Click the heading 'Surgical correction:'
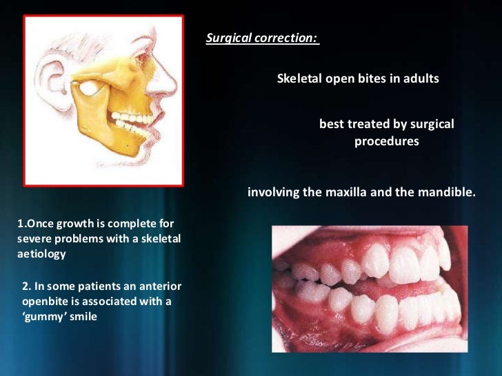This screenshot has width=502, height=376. tap(262, 39)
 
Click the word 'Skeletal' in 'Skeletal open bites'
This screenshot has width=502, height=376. tap(299, 79)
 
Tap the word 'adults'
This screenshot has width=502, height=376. tap(421, 79)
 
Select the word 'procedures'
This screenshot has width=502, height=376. tap(387, 142)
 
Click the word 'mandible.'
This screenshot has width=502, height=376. tap(448, 192)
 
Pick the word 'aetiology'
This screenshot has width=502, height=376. tap(41, 254)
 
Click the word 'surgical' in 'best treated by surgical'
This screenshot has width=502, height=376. tap(430, 125)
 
